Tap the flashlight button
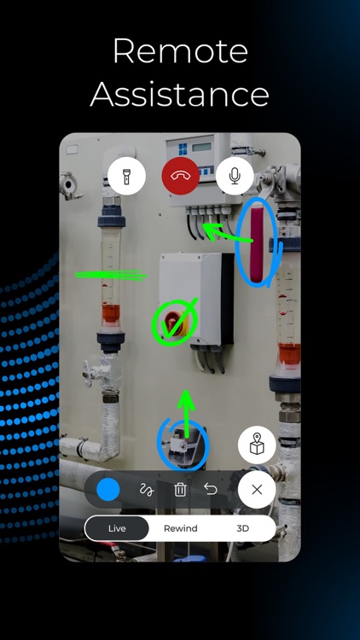[x=126, y=177]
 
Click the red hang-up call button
[x=180, y=177]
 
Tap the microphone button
[x=235, y=177]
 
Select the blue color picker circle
[x=108, y=490]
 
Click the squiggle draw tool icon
[x=146, y=490]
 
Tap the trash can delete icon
[x=180, y=490]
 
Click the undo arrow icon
[x=211, y=490]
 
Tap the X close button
[x=257, y=491]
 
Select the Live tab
[x=117, y=528]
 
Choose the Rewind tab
[x=180, y=528]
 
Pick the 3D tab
[x=243, y=528]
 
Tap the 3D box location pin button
[x=257, y=445]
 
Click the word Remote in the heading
[x=180, y=53]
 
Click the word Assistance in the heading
[x=180, y=94]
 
